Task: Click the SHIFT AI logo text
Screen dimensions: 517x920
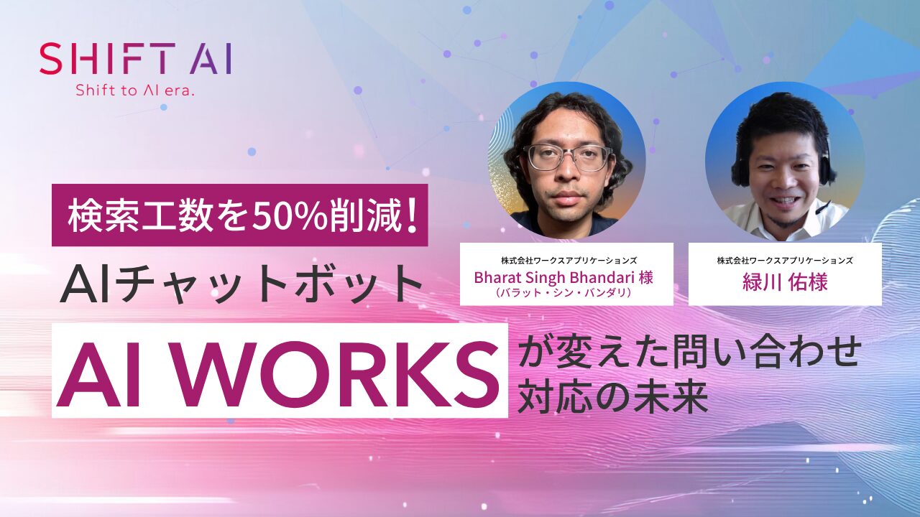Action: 135,59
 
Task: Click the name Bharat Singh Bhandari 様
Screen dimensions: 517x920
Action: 563,277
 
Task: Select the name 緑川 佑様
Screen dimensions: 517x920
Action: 785,281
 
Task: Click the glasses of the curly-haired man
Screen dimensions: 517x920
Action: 567,158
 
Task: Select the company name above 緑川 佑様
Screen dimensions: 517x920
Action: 785,260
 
